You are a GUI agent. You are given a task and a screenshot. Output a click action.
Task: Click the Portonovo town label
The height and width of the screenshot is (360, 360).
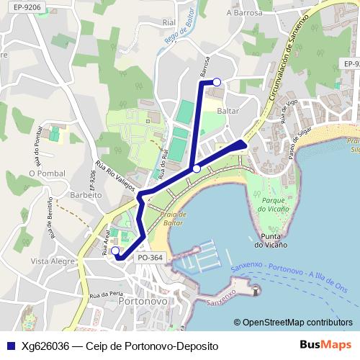(142, 304)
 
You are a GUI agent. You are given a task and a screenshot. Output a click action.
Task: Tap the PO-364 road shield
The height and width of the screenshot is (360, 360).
(149, 257)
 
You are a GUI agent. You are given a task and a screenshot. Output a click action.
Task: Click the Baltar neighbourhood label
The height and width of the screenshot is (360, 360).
(227, 111)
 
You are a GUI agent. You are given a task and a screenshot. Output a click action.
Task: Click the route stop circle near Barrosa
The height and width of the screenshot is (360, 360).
(217, 83)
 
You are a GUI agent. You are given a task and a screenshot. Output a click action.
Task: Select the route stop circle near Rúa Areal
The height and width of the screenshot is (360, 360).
(115, 251)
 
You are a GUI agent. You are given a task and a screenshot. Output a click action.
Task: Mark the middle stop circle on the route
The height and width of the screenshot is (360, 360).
(197, 168)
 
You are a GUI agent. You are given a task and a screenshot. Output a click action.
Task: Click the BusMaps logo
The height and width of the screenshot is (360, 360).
(326, 345)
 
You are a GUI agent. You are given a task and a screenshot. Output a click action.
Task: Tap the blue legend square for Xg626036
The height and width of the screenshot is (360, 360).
(9, 346)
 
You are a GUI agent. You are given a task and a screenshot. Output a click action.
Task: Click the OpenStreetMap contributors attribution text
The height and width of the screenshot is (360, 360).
(294, 322)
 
